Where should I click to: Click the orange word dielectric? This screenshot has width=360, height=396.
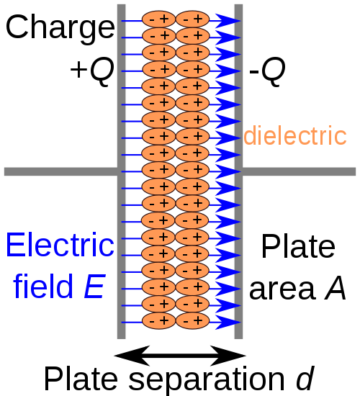point(295,136)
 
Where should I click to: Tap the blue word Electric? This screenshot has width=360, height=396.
point(60,246)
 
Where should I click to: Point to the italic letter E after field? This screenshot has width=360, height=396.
point(94,287)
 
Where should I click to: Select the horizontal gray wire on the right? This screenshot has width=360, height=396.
point(300,171)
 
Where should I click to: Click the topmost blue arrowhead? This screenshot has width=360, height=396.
point(228,21)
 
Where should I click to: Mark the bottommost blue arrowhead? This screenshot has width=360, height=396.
point(228,322)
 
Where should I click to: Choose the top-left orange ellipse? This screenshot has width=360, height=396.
point(158,19)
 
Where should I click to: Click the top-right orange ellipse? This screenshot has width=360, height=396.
point(192,19)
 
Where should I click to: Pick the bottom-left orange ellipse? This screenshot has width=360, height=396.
point(158,321)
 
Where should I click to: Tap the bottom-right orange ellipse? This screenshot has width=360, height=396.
point(192,321)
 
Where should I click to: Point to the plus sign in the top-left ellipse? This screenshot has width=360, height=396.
point(165,19)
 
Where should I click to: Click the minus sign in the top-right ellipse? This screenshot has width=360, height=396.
point(185,19)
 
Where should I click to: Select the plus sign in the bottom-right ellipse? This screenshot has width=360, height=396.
point(199,321)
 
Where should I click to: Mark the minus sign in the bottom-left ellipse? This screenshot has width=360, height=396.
point(151,321)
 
